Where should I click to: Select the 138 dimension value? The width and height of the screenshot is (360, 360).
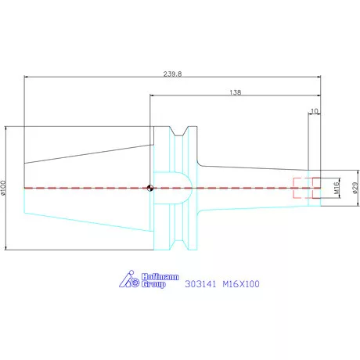coord(236,92)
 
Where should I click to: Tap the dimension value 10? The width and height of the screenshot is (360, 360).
coord(315,112)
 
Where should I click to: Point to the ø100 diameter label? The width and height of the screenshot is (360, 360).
coord(5,189)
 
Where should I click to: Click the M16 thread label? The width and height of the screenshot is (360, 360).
coord(332,188)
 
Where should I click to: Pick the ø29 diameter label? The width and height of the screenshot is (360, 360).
coord(355,188)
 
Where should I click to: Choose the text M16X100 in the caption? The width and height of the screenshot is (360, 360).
coord(240,285)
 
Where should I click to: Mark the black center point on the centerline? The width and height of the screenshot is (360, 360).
coord(149,188)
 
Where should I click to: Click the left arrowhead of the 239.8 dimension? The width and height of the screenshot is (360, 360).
coord(27,77)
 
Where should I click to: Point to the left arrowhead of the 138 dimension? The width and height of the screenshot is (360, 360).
coord(152,95)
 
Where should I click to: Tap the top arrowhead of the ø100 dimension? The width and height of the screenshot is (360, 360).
coord(5,128)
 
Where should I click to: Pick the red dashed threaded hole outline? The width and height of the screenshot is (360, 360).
coord(301,188)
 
